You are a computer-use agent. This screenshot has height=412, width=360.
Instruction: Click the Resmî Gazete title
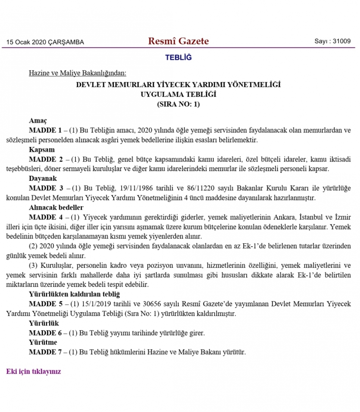[x=178, y=41]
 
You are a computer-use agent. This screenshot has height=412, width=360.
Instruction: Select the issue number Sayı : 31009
[x=332, y=41]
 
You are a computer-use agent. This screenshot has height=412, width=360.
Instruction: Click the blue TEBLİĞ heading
[x=178, y=58]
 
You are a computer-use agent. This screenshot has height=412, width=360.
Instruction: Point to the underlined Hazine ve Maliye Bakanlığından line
[x=77, y=73]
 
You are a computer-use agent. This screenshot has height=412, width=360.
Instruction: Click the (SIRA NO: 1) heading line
[x=178, y=104]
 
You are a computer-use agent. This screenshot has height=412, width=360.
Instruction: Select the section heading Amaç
[x=38, y=121]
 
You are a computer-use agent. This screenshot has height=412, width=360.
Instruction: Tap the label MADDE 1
[x=45, y=130]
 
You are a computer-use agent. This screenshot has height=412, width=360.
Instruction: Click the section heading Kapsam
[x=42, y=149]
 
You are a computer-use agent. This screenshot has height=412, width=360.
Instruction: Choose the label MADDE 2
[x=45, y=159]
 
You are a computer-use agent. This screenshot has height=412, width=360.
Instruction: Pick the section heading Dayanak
[x=43, y=178]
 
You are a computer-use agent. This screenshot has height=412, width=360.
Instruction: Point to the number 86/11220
[x=174, y=188]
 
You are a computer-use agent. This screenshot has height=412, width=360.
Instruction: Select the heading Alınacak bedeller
[x=56, y=207]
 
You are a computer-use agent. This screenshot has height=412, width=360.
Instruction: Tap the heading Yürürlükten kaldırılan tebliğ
[x=74, y=294]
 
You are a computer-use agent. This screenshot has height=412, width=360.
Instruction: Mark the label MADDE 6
[x=45, y=333]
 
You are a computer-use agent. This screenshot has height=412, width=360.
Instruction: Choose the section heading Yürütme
[x=43, y=342]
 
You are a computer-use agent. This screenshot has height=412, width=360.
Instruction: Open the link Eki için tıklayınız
[x=33, y=371]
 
